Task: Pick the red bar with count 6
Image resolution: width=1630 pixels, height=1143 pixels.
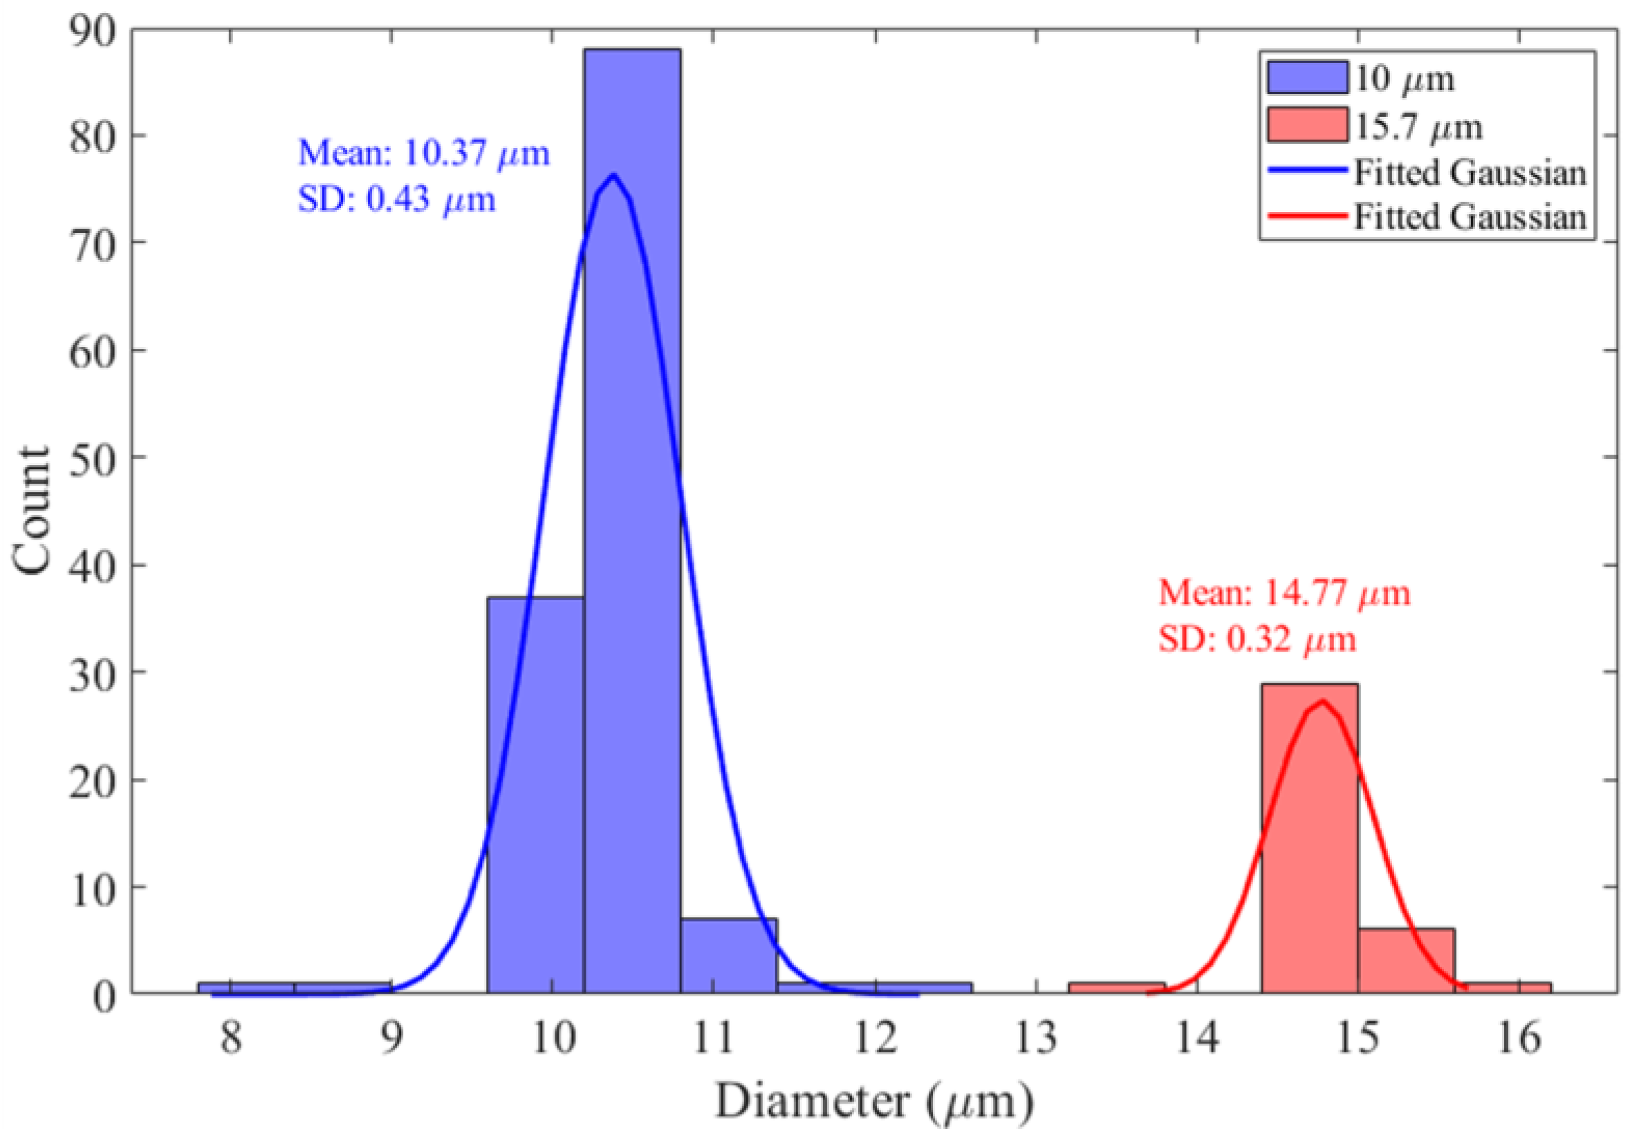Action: click(1406, 961)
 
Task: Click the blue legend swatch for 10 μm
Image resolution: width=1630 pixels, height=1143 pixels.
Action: click(1307, 77)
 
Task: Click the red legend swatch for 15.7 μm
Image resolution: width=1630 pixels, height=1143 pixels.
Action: click(1307, 125)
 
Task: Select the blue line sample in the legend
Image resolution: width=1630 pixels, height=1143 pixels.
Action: click(1307, 170)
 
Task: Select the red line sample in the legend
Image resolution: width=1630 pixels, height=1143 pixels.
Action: click(1307, 215)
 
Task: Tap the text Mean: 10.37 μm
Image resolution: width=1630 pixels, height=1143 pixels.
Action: click(424, 153)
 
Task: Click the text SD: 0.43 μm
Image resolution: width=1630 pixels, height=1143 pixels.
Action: click(396, 200)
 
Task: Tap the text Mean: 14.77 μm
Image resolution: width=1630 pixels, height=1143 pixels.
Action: click(1284, 593)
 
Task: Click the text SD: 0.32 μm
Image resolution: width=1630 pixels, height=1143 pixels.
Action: click(1257, 639)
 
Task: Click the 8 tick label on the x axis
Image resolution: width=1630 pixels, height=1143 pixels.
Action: click(231, 1038)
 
